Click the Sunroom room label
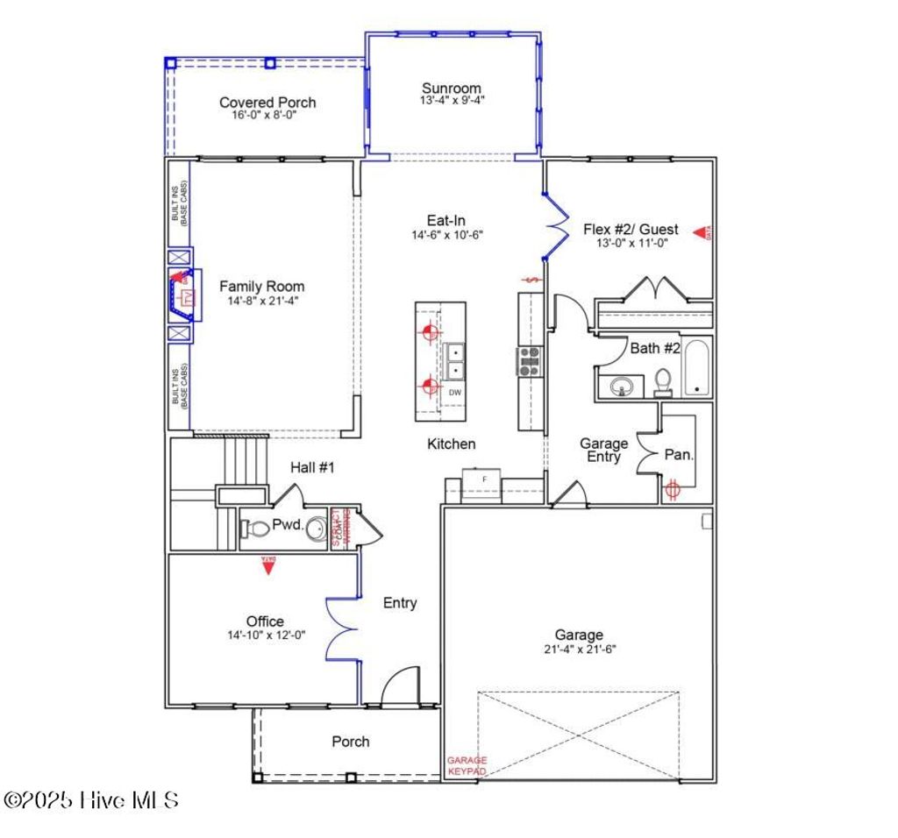pyautogui.click(x=452, y=88)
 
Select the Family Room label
pyautogui.click(x=262, y=287)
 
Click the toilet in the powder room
pyautogui.click(x=257, y=529)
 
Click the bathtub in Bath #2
pyautogui.click(x=698, y=367)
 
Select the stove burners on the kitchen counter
pyautogui.click(x=529, y=361)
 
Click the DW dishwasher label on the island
pyautogui.click(x=455, y=393)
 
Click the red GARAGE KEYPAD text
pyautogui.click(x=467, y=766)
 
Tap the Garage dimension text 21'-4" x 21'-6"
pyautogui.click(x=579, y=650)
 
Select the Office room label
pyautogui.click(x=265, y=621)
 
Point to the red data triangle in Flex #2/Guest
pyautogui.click(x=702, y=232)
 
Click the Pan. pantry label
pyautogui.click(x=680, y=455)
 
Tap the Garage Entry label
pyautogui.click(x=604, y=450)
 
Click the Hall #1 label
pyautogui.click(x=313, y=468)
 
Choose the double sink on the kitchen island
pyautogui.click(x=455, y=361)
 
